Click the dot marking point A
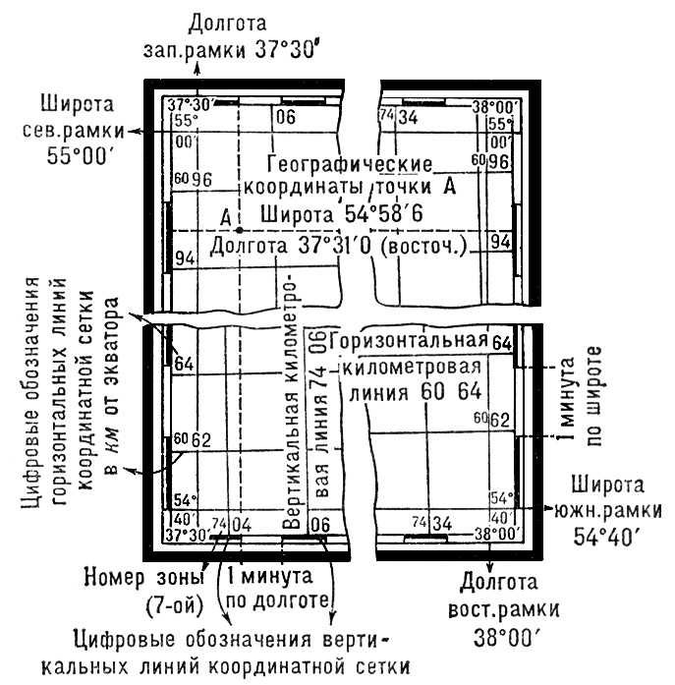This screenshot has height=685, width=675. pos(238,228)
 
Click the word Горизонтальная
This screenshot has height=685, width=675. pos(412,341)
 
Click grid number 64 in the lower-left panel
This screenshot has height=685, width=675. pos(183,363)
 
